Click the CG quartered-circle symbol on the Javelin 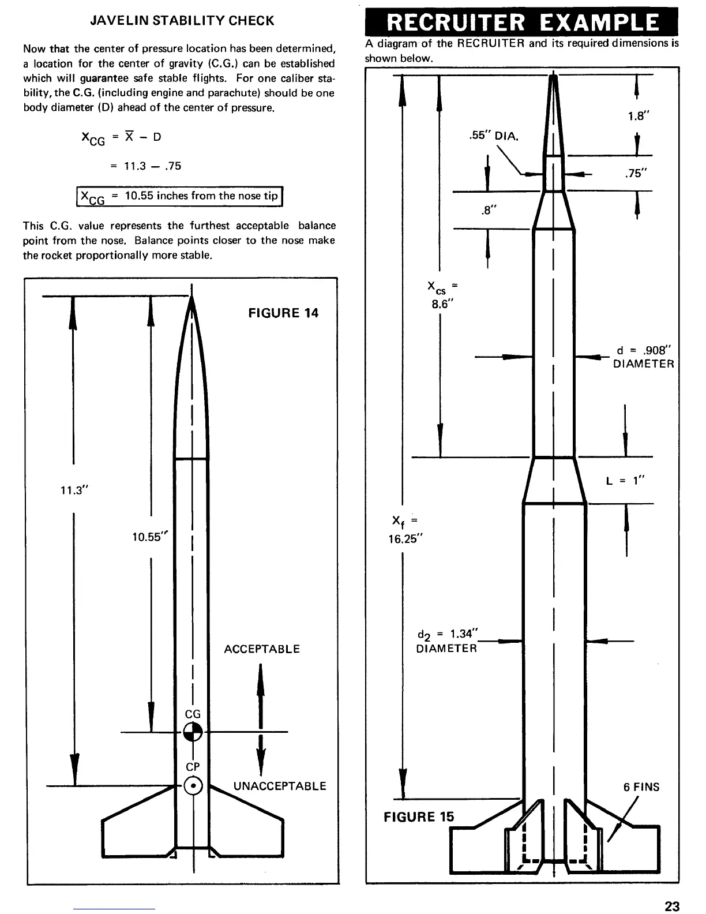click(193, 732)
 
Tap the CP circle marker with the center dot click(193, 786)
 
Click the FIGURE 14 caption click(283, 313)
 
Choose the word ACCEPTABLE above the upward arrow click(262, 649)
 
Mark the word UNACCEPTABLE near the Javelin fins click(280, 786)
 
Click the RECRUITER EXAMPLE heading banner click(523, 22)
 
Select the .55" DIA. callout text click(494, 137)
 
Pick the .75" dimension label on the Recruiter click(637, 173)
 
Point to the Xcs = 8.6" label click(442, 295)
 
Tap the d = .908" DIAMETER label click(643, 357)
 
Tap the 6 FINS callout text click(641, 787)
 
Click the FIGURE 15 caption click(419, 816)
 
